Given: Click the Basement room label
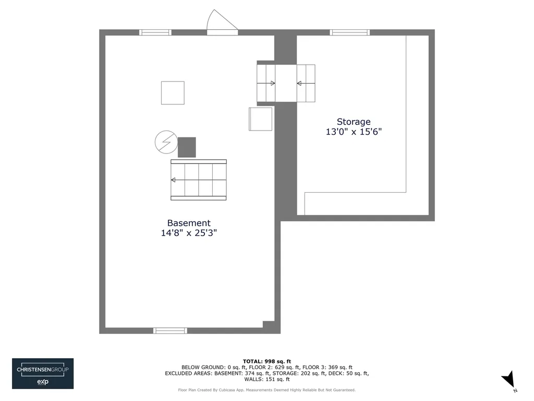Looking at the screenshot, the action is coord(189,223).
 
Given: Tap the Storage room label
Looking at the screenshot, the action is coord(354,122).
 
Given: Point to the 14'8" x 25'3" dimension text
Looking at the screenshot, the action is coord(189,233).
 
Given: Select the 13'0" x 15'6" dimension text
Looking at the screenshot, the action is coord(354,132).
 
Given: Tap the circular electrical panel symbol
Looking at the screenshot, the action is coord(166,142).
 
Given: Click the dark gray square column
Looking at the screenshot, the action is coord(187,147).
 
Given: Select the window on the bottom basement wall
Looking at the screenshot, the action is coord(170,331).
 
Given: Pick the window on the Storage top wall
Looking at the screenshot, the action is coord(350,32).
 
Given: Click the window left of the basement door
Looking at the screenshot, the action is coord(155,32).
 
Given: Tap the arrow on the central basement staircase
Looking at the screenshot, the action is coord(199,180).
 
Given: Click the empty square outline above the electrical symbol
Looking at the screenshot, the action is coord(173,93).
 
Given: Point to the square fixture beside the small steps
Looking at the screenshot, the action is coord(261,119).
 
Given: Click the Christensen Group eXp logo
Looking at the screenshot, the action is coord(43,373).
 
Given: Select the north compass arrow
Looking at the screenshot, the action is coord(509,381).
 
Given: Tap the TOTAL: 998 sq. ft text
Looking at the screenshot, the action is coord(267,361).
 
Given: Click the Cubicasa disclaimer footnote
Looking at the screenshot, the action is coord(266,390).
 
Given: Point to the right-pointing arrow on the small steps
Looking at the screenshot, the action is coord(266,83).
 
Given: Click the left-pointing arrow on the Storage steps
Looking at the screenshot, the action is coord(306,83).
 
